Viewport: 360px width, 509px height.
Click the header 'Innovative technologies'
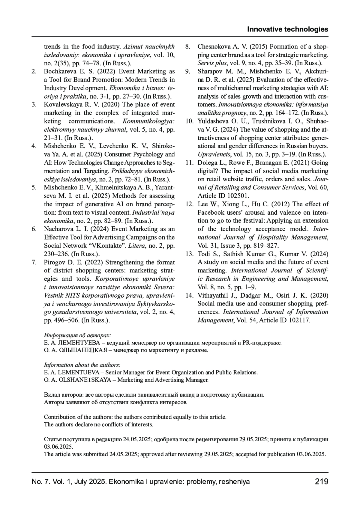[287, 29]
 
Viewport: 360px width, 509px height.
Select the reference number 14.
[189, 295]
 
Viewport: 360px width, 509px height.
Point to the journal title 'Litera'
[135, 246]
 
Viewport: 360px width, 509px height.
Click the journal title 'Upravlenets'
[213, 155]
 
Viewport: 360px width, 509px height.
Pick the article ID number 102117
[299, 320]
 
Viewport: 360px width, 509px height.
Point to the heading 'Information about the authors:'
[82, 365]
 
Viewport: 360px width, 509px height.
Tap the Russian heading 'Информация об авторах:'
[77, 335]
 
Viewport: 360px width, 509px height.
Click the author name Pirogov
[54, 262]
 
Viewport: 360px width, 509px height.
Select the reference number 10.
[189, 121]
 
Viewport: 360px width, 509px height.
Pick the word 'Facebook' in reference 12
[210, 213]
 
